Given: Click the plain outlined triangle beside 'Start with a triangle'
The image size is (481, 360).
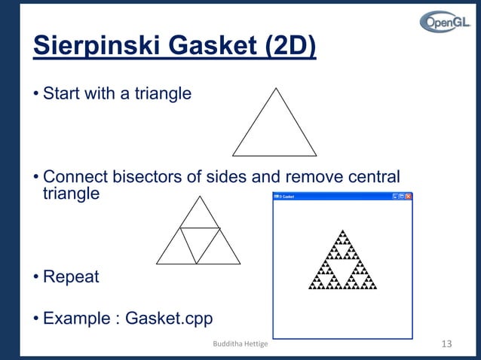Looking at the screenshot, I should click(274, 128).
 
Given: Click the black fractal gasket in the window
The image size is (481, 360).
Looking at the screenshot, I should click(342, 264).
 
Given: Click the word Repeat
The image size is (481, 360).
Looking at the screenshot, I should click(71, 276).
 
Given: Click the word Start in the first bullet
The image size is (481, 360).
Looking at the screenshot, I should click(62, 94).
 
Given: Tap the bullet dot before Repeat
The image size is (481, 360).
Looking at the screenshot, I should click(35, 277).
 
